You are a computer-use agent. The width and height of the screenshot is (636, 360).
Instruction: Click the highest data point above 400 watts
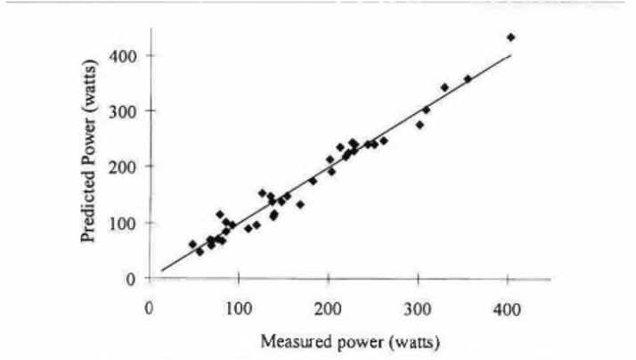point(510,37)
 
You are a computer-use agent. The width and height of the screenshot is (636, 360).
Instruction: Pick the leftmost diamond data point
point(192,243)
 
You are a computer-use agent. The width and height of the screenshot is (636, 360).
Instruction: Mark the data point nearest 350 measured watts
point(468,78)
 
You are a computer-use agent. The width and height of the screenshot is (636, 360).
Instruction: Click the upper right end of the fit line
point(510,55)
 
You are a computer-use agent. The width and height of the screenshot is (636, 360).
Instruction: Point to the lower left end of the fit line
point(161,270)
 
